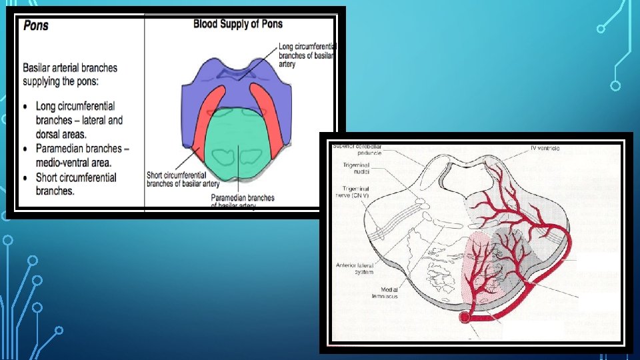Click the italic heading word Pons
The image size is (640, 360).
(36, 26)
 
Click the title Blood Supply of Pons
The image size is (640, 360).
(237, 24)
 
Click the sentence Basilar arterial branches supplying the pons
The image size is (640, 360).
(70, 73)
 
